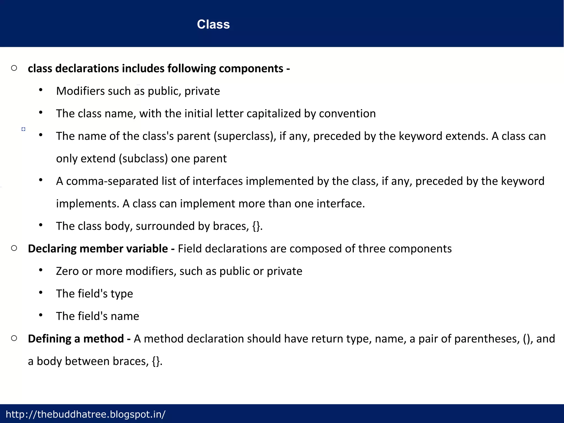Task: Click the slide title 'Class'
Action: tap(213, 24)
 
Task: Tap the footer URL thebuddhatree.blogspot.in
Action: tap(85, 414)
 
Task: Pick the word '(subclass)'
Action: tap(143, 159)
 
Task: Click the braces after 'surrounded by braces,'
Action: tap(256, 226)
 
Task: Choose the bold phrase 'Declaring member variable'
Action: tap(98, 249)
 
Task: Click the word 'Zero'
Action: tap(67, 271)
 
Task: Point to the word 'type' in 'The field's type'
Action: tap(122, 294)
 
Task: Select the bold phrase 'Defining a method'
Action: tap(76, 339)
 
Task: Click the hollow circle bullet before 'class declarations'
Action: tap(14, 68)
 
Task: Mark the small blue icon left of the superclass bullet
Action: tap(23, 129)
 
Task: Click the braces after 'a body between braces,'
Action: tap(156, 362)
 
